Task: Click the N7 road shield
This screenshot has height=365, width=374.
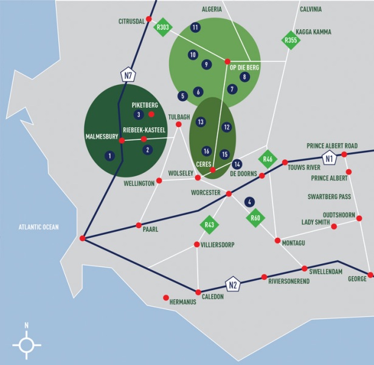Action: click(128, 75)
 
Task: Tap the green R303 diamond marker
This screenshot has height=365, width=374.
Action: click(162, 27)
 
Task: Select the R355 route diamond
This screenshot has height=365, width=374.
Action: click(291, 40)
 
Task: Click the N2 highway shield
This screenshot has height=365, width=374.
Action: click(233, 285)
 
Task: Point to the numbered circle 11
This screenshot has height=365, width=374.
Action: click(195, 27)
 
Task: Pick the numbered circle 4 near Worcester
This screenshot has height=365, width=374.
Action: click(249, 203)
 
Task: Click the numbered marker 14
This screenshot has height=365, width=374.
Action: click(237, 164)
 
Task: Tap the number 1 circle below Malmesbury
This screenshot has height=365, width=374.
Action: click(109, 156)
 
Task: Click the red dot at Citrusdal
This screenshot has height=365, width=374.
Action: click(149, 19)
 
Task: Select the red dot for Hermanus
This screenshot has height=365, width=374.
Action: click(166, 297)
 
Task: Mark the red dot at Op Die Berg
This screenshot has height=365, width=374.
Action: click(227, 61)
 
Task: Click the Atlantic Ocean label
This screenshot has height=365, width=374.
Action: click(39, 227)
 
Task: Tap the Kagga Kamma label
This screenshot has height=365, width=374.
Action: click(313, 32)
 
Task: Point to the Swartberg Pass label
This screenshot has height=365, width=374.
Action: click(329, 196)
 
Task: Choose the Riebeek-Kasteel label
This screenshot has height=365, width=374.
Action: click(144, 130)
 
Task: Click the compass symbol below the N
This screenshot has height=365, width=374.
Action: click(27, 345)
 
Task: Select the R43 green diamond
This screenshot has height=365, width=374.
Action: click(209, 224)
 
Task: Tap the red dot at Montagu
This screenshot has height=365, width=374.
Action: click(277, 240)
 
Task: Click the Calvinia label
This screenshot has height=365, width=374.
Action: click(311, 9)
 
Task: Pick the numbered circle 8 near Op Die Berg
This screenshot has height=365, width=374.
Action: click(244, 77)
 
